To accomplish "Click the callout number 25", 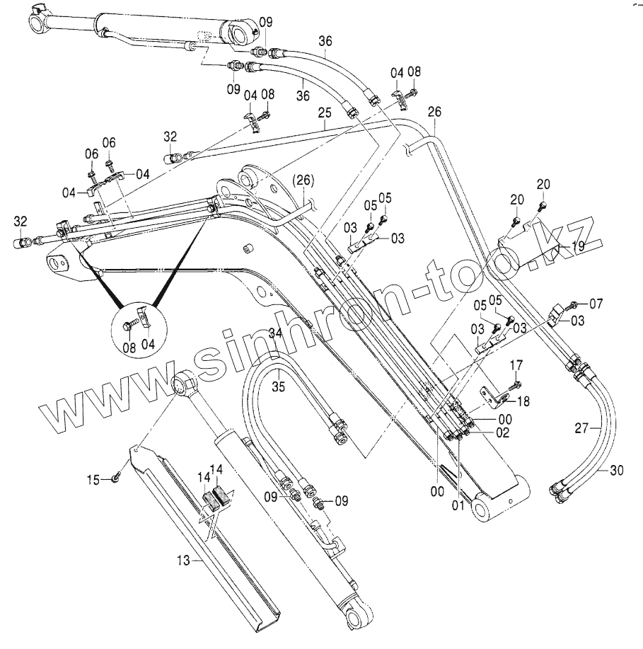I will [324, 113].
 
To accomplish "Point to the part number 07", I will [596, 304].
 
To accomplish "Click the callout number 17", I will [516, 365].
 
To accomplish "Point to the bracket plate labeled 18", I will [494, 398].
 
